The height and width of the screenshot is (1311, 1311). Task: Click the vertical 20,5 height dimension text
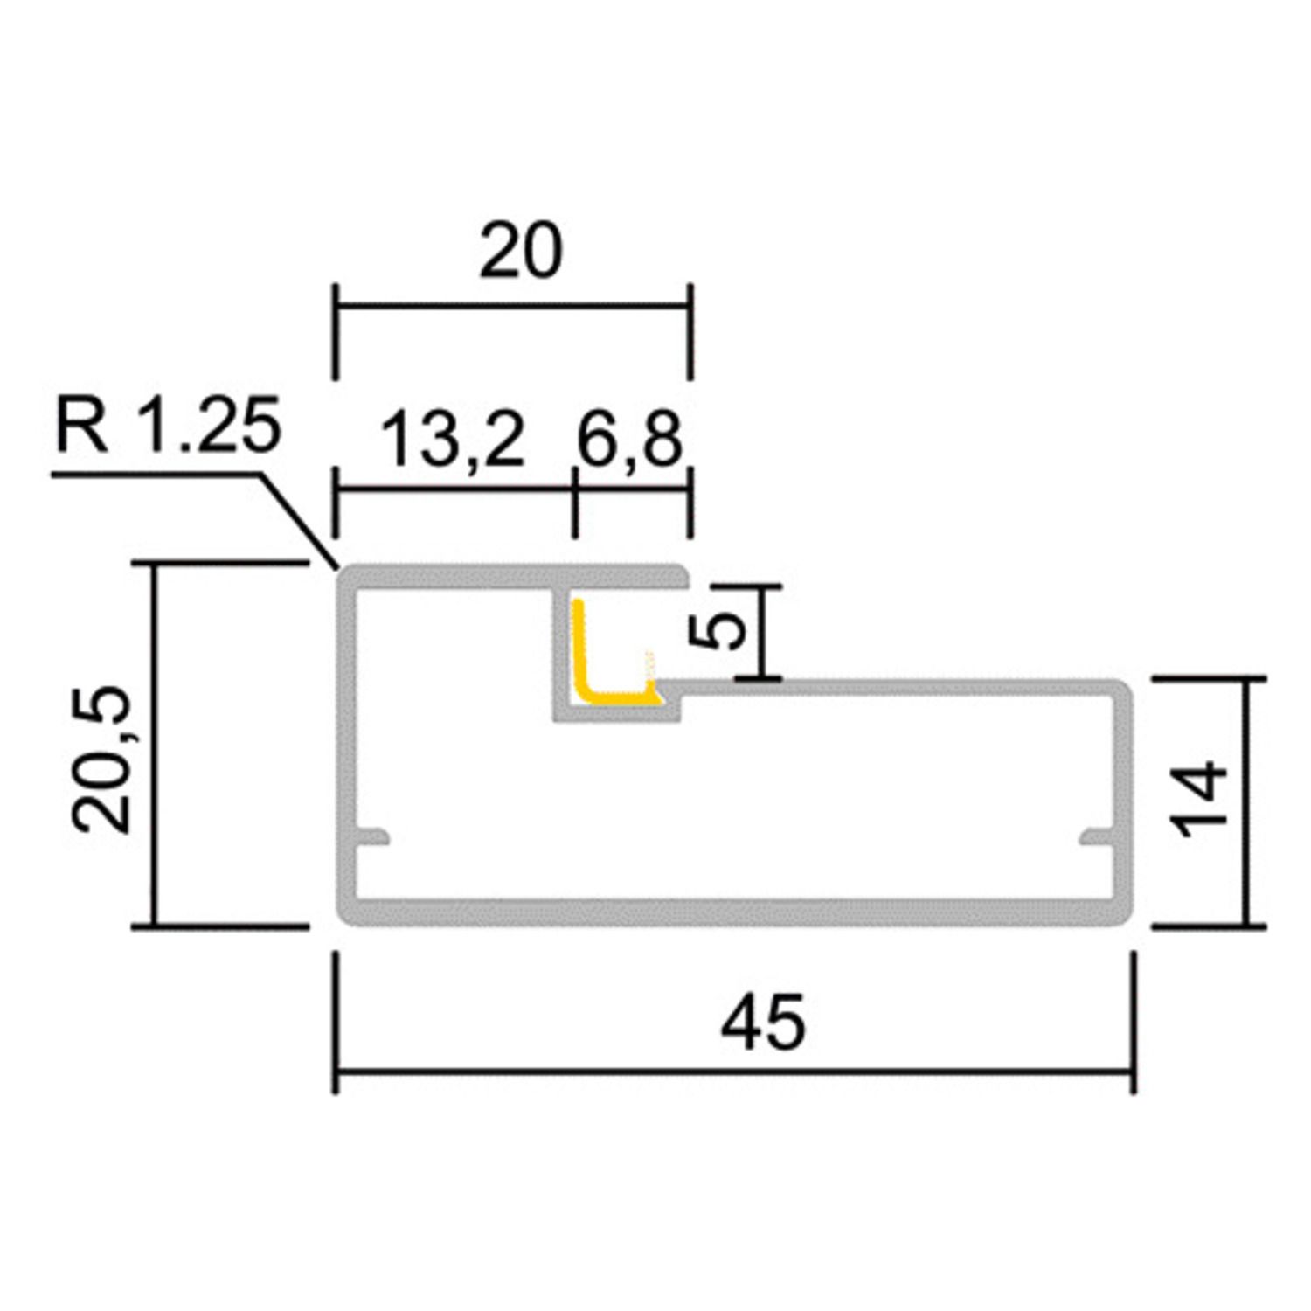(x=102, y=759)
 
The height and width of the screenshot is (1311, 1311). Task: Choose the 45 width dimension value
(x=762, y=1023)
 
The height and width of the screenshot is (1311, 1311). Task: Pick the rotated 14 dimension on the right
(x=1203, y=799)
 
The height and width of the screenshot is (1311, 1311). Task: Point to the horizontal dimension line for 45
(x=734, y=1070)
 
